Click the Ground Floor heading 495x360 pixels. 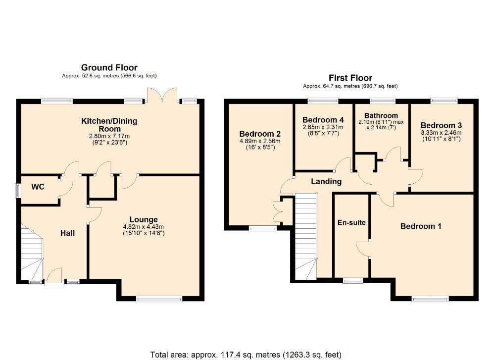click(109, 67)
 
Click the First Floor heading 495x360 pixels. click(350, 78)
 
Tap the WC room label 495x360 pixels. click(39, 187)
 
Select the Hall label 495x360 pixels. click(68, 233)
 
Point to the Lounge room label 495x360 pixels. click(144, 219)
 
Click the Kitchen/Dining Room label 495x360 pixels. click(109, 124)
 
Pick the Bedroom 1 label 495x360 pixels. click(421, 226)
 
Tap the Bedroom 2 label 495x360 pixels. click(260, 134)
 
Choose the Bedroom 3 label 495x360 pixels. click(438, 125)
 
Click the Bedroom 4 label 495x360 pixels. click(323, 120)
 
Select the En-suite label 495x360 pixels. click(351, 222)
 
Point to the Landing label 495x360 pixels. click(326, 181)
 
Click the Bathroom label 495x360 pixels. click(381, 115)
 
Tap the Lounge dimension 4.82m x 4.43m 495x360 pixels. click(144, 227)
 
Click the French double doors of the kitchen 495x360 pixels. click(162, 96)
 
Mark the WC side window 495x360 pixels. click(17, 191)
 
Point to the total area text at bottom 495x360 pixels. click(246, 354)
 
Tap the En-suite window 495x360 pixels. click(352, 280)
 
